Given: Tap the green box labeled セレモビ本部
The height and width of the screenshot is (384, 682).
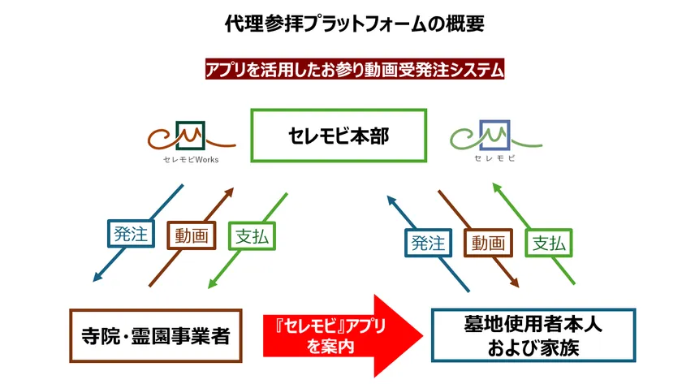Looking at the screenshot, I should pyautogui.click(x=338, y=136).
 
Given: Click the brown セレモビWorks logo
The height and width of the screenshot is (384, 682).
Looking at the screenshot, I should pyautogui.click(x=191, y=140).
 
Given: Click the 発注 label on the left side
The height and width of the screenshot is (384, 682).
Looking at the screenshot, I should pyautogui.click(x=131, y=235).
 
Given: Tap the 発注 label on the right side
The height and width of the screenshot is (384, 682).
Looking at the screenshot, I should pyautogui.click(x=428, y=242).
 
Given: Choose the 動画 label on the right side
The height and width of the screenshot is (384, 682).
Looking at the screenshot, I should pyautogui.click(x=490, y=242).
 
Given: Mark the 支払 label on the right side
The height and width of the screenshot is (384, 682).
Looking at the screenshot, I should pyautogui.click(x=550, y=242).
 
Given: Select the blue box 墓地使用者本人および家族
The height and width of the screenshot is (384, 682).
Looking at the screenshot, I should pyautogui.click(x=532, y=334).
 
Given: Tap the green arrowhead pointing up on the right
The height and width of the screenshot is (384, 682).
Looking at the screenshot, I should pyautogui.click(x=497, y=187).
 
